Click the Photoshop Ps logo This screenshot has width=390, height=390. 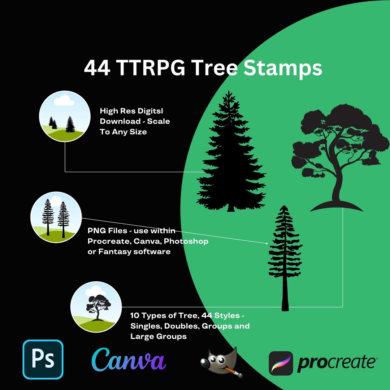coord(43,359)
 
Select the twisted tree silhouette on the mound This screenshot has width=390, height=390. coord(334,152)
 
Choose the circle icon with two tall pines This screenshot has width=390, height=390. coord(56,217)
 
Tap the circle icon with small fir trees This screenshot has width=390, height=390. coord(65,116)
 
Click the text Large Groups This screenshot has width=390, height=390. coord(159,336)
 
